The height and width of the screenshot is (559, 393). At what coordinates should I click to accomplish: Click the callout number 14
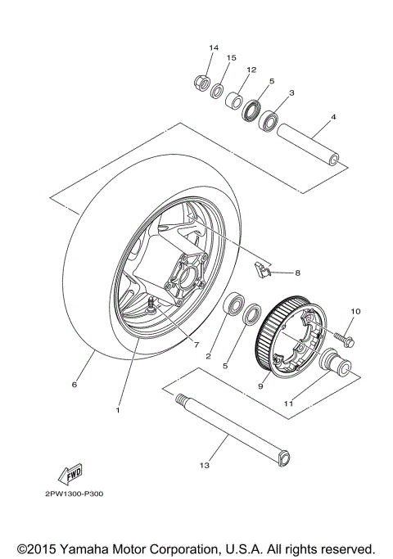coord(214,47)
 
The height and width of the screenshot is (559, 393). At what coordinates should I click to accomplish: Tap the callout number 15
coord(231,58)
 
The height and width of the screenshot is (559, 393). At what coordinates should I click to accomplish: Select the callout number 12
coord(251,70)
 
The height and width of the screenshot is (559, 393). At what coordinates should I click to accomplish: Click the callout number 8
coord(298,273)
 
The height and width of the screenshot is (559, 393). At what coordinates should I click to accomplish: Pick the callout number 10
coord(355,312)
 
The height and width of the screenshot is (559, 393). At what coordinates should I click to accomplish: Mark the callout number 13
coord(204,467)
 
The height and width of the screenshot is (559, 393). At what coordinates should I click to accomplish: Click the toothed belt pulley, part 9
coord(287,344)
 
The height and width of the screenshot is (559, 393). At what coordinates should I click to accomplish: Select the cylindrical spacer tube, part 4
coord(308,143)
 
